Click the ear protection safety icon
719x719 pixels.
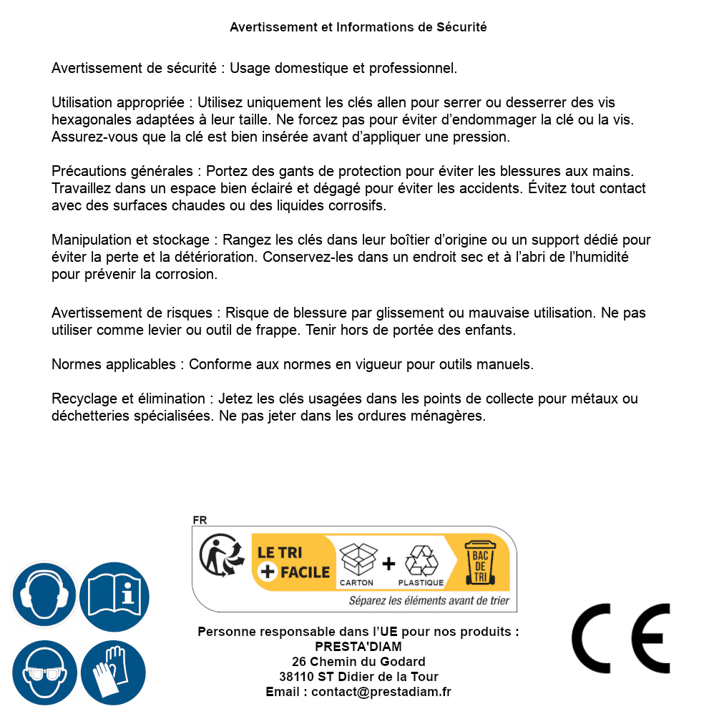pos(44,594)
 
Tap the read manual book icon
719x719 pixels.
pos(114,594)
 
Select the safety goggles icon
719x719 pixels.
pos(44,672)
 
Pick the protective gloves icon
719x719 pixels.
pos(114,672)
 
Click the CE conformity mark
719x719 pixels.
pos(621,639)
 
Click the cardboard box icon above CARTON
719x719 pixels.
pos(357,559)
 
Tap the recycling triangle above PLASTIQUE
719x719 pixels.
pos(421,559)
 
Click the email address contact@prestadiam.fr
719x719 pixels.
pos(381,692)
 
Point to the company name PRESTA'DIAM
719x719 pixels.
pos(358,647)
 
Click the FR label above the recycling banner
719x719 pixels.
pos(200,521)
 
